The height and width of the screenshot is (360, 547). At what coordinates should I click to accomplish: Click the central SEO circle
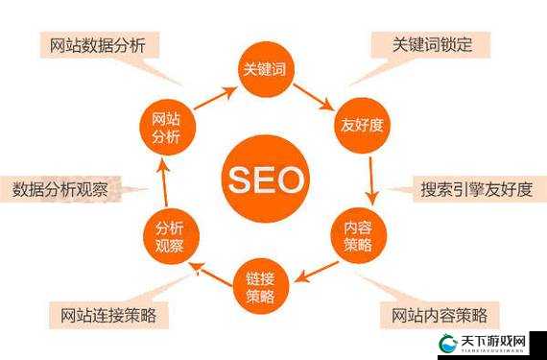pyautogui.click(x=266, y=180)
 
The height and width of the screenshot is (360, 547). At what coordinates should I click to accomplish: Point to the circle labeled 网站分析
pyautogui.click(x=166, y=126)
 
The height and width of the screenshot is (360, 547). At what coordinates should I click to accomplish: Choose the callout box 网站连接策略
pyautogui.click(x=107, y=314)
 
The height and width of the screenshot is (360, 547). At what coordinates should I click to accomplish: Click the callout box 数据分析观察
pyautogui.click(x=66, y=188)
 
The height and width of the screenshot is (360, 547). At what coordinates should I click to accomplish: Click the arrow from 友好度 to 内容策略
pyautogui.click(x=370, y=180)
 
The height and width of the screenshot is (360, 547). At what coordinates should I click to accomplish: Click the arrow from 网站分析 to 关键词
pyautogui.click(x=215, y=97)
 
